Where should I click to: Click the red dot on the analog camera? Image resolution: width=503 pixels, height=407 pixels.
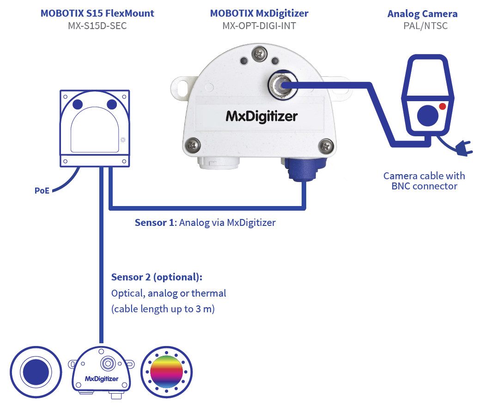click(442, 107)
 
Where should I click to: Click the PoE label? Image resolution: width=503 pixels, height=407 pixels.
click(42, 190)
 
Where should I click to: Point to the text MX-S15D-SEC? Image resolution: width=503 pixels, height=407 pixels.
click(97, 26)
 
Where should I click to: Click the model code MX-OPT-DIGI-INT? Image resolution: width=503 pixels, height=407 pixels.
click(259, 26)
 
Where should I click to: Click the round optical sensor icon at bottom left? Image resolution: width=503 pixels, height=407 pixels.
click(36, 372)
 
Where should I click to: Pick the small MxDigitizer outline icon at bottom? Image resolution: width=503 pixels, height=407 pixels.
click(102, 373)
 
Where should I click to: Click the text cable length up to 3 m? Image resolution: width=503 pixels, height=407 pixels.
click(163, 309)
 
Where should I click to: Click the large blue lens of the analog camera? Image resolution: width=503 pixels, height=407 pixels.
click(427, 115)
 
